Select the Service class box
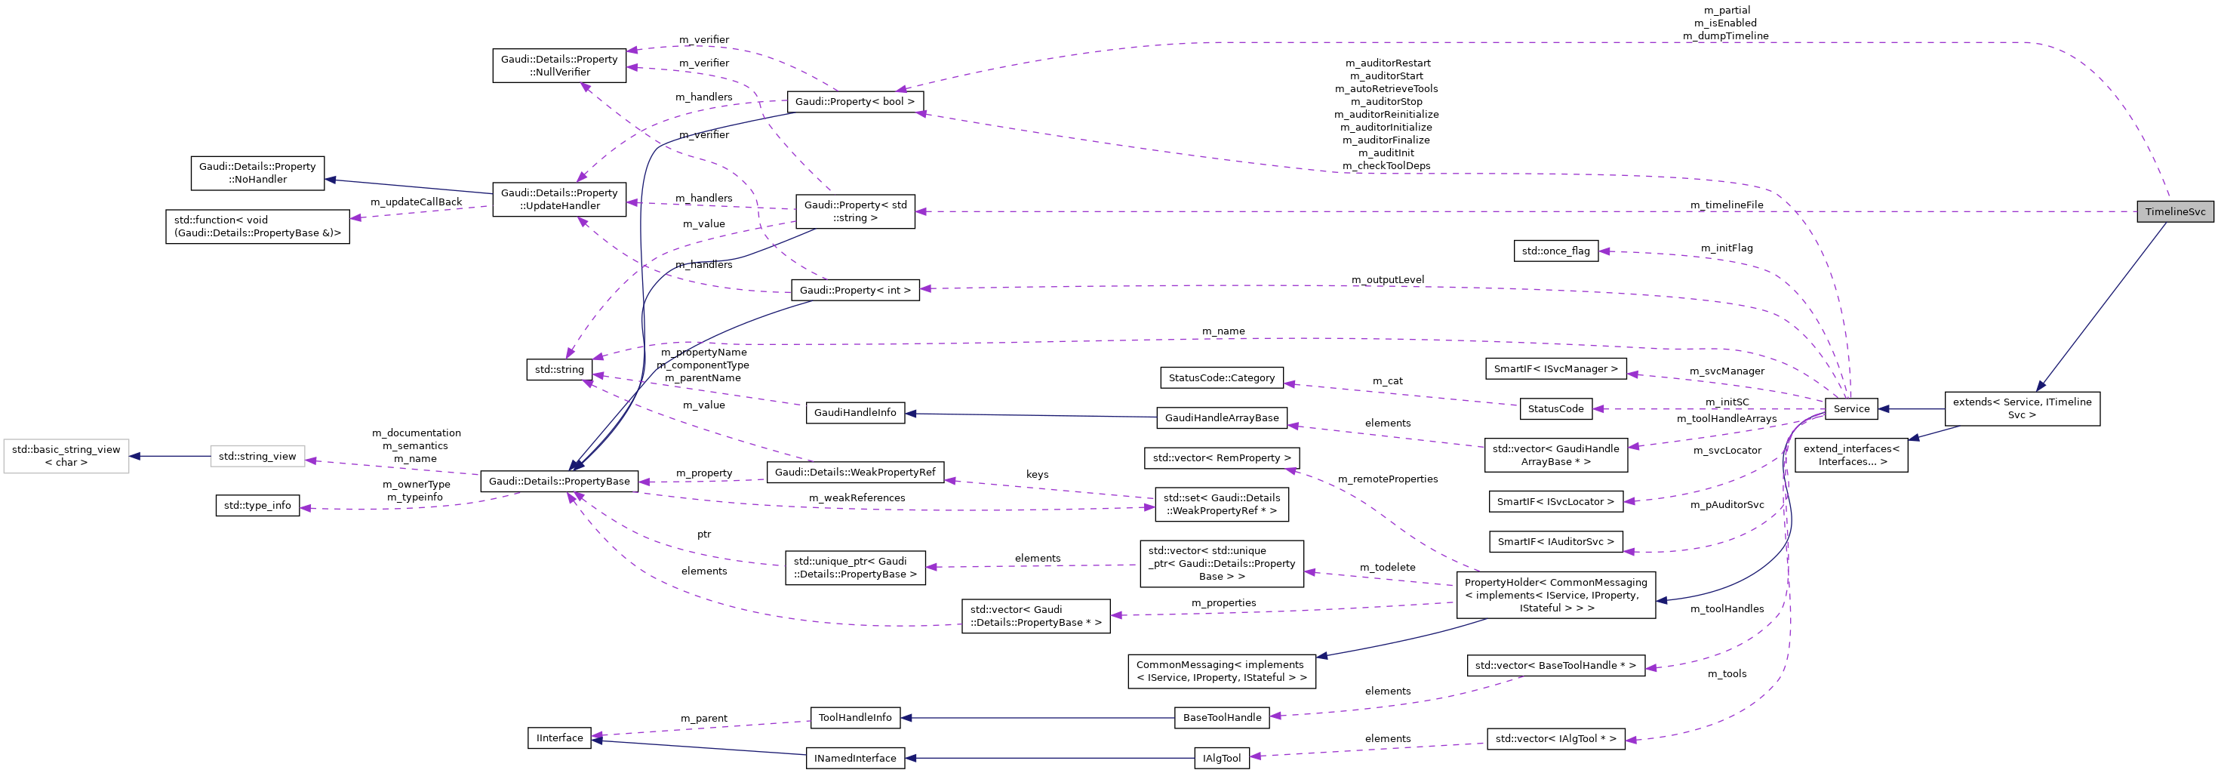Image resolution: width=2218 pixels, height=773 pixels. (x=1850, y=409)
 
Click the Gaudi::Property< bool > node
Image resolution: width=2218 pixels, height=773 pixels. (x=854, y=102)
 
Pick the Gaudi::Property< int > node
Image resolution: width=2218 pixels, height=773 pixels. (x=854, y=290)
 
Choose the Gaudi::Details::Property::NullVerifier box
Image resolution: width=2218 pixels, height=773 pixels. (x=558, y=66)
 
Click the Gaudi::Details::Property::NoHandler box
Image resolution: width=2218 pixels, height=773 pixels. (x=257, y=172)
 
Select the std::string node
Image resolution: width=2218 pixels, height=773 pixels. (x=558, y=370)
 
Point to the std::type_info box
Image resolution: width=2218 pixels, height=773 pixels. (x=257, y=505)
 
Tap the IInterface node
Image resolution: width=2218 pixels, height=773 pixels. (x=558, y=738)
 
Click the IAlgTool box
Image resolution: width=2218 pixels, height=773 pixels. (x=1221, y=759)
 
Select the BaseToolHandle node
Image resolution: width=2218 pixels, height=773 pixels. (x=1221, y=717)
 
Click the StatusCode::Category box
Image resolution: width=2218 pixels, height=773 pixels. (x=1221, y=378)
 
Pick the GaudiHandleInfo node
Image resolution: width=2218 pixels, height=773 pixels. (x=854, y=412)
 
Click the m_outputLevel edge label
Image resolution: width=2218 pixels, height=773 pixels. (x=1387, y=280)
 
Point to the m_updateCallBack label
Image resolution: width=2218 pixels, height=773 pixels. (x=416, y=202)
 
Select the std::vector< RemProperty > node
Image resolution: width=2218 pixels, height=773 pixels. (x=1221, y=458)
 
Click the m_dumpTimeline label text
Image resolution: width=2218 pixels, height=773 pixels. (x=1725, y=36)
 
